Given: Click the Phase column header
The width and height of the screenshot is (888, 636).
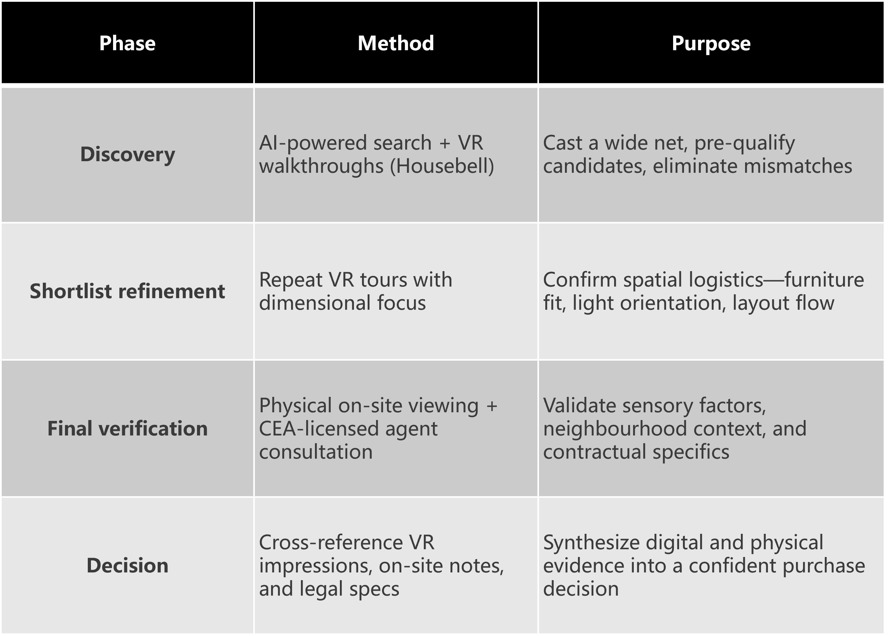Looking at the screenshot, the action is point(127,43).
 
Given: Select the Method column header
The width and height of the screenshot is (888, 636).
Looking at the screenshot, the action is point(396,43).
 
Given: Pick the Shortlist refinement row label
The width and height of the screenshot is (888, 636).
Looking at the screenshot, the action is point(127,291).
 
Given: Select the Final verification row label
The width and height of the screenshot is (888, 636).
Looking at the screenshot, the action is point(127,428).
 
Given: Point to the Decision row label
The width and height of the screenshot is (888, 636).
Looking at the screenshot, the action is point(127,565).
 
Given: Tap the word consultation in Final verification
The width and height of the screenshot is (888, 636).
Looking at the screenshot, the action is point(316,452).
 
